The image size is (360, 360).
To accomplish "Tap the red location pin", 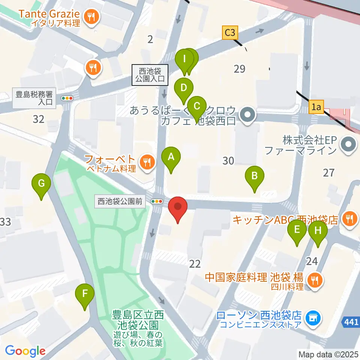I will click(x=178, y=208).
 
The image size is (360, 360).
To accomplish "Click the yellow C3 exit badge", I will click(x=230, y=33).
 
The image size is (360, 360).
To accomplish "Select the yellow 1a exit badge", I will click(x=317, y=108).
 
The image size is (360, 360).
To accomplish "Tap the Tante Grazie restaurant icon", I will click(x=91, y=16).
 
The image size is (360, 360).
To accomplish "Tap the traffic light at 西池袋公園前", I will click(x=157, y=201).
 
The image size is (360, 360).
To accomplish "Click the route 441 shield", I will click(x=351, y=321).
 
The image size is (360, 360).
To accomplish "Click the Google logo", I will click(x=25, y=351).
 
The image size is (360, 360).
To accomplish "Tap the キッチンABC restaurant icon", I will click(x=350, y=217).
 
